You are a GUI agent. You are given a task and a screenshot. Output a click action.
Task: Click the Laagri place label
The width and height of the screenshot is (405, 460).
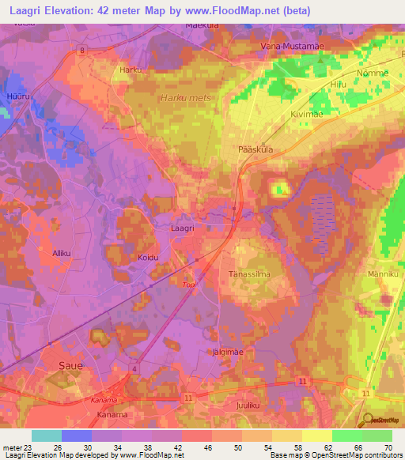click(183, 228)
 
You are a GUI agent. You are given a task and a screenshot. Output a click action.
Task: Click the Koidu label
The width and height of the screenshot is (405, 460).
click(148, 258)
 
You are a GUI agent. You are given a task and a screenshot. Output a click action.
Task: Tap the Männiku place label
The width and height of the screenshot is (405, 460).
click(383, 274)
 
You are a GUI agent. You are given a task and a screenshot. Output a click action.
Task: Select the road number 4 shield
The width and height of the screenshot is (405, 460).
click(135, 369)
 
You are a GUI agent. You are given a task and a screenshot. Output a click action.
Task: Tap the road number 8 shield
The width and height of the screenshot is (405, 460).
click(81, 51)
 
